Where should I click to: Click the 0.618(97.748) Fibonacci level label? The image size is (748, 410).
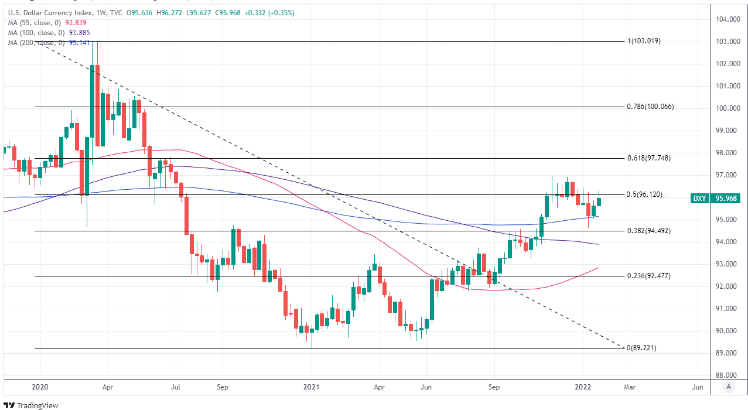[648, 158]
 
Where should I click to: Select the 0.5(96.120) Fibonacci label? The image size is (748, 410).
[644, 194]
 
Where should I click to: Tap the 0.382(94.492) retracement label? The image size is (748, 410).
[648, 231]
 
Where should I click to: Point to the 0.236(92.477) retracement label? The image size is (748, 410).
[648, 276]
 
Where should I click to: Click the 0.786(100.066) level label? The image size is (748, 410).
[650, 107]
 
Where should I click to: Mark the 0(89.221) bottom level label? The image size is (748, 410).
[642, 348]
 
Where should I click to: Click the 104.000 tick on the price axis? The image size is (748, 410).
[727, 19]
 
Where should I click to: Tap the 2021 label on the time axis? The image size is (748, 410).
[311, 387]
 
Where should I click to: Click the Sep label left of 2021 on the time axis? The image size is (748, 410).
[221, 387]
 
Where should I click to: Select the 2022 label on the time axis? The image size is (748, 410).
[582, 387]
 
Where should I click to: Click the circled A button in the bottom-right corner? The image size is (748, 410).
[728, 387]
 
